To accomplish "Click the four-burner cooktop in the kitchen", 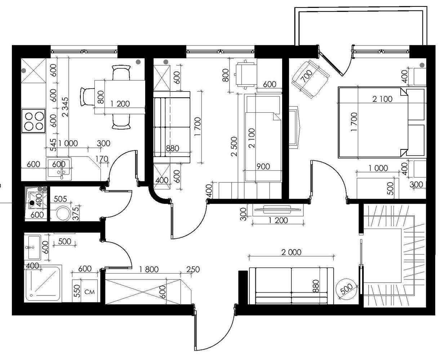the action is click(34, 121).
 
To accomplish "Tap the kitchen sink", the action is click(59, 169).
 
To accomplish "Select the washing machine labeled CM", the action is click(85, 291).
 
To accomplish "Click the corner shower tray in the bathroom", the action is click(43, 283).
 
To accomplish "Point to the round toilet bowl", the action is click(63, 213).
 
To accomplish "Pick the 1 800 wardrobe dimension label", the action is click(149, 269).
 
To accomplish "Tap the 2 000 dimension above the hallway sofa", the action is click(292, 252).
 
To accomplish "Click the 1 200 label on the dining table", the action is click(120, 104).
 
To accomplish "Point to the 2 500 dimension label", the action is click(234, 147).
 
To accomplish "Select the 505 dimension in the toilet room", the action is click(60, 199).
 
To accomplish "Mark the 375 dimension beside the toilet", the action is click(76, 213).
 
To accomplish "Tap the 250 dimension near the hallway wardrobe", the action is click(193, 269).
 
